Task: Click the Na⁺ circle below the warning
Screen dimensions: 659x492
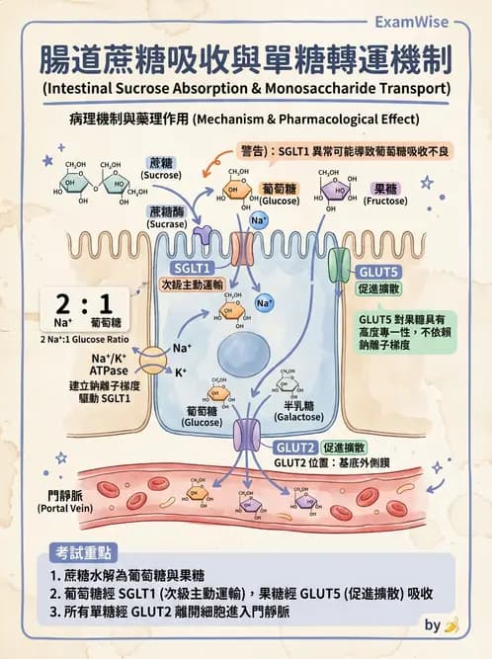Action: (x=260, y=220)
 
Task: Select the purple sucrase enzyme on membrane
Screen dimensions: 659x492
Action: (x=205, y=234)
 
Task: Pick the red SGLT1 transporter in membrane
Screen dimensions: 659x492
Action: (x=243, y=249)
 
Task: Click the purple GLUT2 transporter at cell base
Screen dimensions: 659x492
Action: (x=247, y=435)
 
